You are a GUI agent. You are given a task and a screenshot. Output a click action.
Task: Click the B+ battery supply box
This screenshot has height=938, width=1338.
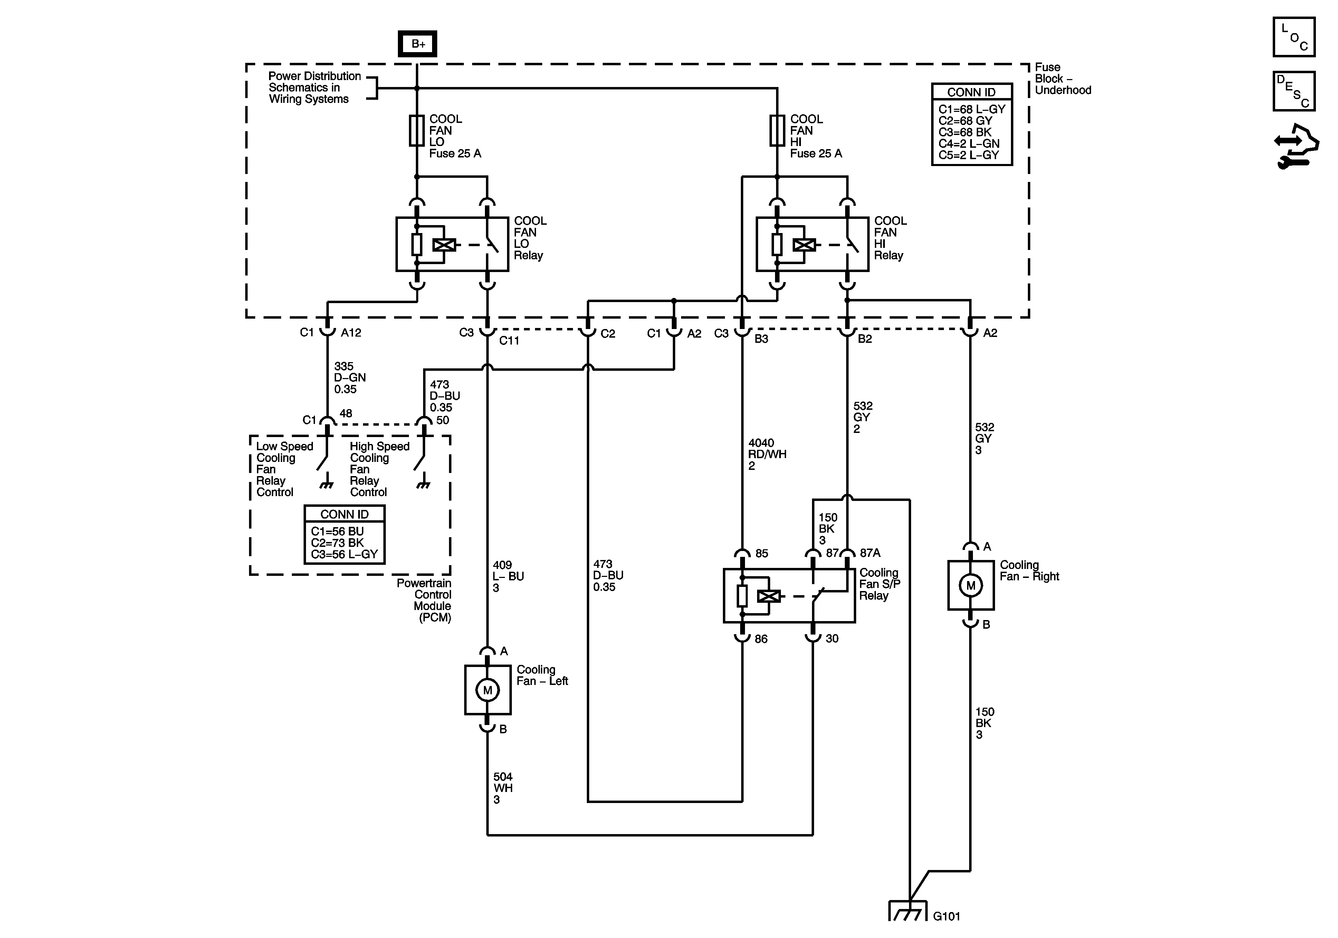point(417,44)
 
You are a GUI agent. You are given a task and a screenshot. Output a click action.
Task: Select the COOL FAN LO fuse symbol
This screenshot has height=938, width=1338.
point(417,130)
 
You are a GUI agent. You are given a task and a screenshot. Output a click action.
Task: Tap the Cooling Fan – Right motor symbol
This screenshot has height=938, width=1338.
point(971,586)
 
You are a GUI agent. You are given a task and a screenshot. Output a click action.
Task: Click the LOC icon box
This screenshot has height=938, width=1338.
point(1294,37)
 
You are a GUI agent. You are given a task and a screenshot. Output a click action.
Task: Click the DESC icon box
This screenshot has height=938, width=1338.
point(1294,91)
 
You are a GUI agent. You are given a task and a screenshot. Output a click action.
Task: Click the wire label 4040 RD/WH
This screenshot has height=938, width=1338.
point(767,454)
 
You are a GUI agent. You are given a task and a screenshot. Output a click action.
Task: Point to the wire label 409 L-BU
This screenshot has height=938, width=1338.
point(508,576)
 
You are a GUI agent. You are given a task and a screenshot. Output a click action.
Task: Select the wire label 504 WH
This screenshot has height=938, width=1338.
point(503,788)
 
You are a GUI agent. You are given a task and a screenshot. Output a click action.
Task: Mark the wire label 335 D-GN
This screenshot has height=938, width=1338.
point(350,378)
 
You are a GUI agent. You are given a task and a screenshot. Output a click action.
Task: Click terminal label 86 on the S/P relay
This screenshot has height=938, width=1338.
point(761,639)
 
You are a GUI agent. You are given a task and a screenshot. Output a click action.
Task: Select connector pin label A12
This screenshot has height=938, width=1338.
point(351,333)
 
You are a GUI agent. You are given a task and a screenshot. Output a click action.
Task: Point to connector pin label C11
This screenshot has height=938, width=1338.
point(509,340)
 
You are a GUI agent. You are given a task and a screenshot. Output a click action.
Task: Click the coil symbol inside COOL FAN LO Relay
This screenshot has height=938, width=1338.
point(444,245)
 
